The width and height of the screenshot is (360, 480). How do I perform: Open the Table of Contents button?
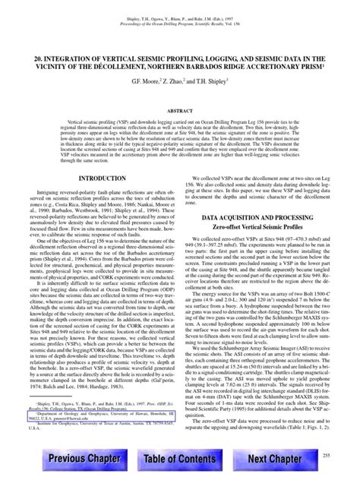click(180, 460)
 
